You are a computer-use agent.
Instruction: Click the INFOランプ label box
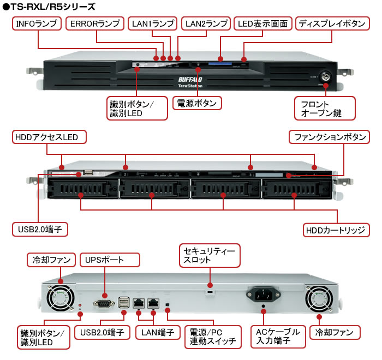coord(37,24)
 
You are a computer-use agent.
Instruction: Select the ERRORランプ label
coord(95,24)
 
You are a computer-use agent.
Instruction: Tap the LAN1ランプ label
coord(153,24)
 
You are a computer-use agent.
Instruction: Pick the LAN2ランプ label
coord(206,24)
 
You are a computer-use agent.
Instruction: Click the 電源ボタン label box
coord(197,103)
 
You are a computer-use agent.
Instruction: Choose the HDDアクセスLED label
coord(49,136)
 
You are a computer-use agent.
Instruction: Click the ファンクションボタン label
coord(329,136)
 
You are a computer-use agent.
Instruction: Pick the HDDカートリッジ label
coord(336,230)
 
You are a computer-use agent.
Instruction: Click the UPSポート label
coord(104,259)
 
